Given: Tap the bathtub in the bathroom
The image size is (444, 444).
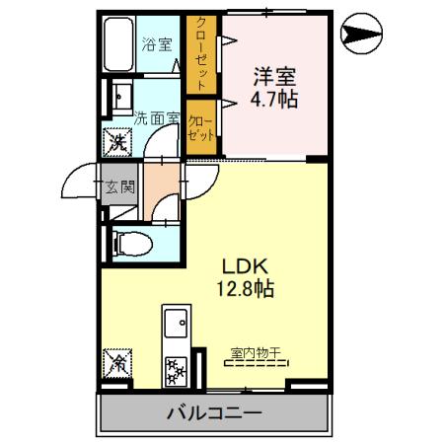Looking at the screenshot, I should click(x=118, y=46).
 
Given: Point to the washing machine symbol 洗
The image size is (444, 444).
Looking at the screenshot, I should click(x=117, y=142).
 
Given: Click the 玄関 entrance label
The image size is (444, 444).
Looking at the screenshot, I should click(x=120, y=186).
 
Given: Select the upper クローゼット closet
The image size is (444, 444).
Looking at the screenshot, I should click(x=201, y=53).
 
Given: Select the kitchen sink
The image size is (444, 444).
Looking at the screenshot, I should click(x=178, y=324).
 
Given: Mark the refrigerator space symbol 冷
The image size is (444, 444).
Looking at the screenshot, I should click(x=117, y=364).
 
